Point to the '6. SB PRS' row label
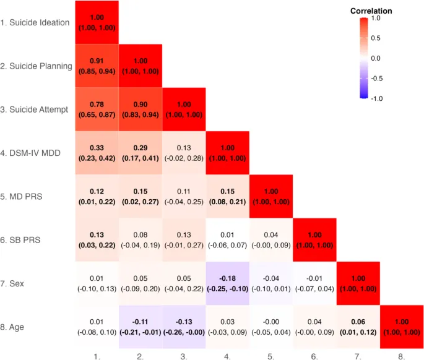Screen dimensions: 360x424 (x=22, y=239)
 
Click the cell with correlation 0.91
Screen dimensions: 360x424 (x=97, y=66)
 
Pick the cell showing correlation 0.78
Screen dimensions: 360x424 (x=97, y=109)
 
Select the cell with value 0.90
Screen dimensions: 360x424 (x=140, y=109)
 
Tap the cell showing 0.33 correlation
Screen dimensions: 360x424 (x=97, y=153)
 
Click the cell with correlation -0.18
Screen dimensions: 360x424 (x=227, y=283)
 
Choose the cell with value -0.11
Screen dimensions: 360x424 (x=140, y=326)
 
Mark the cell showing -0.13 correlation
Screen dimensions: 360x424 (x=183, y=326)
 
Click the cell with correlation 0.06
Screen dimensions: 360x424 (x=357, y=326)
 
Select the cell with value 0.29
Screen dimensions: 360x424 (x=140, y=153)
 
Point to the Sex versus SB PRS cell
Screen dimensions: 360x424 (x=314, y=283)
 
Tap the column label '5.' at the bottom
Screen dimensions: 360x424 (x=270, y=355)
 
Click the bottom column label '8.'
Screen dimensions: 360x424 (x=400, y=355)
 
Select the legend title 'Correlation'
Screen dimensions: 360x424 (x=371, y=11)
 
